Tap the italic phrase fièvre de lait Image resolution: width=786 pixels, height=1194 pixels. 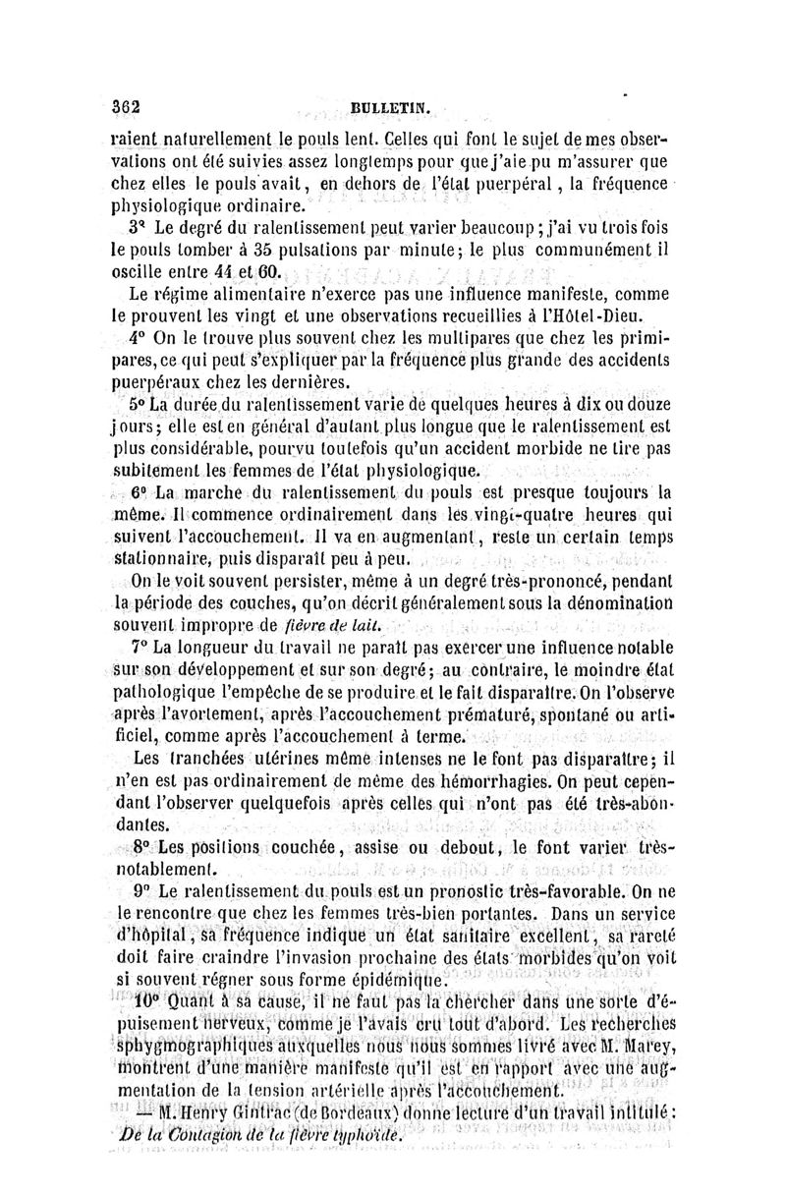(x=340, y=626)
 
